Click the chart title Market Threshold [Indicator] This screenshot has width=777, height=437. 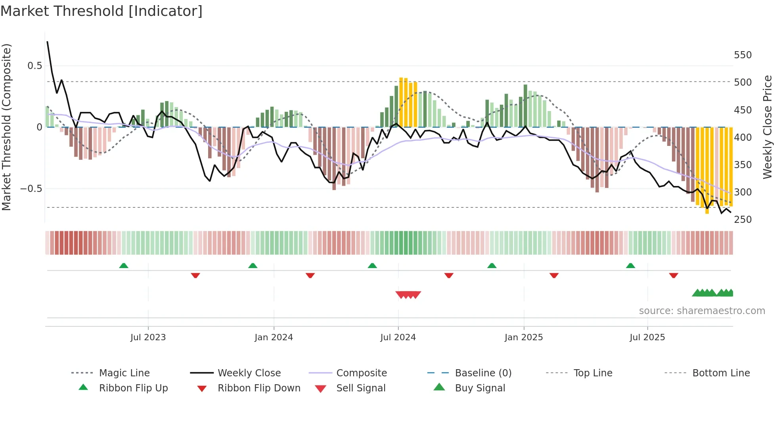click(x=101, y=11)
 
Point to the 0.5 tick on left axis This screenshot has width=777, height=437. click(x=34, y=66)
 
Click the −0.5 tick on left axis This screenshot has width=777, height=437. click(x=31, y=189)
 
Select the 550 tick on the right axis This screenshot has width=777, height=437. click(x=743, y=55)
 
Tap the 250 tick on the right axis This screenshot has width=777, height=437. click(x=743, y=220)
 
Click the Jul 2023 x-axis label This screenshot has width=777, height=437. click(x=148, y=337)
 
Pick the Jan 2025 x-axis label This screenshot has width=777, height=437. click(x=523, y=337)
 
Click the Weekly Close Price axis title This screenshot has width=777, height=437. click(x=767, y=127)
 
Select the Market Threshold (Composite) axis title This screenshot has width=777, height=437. click(x=6, y=127)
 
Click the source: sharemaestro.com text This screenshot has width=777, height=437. click(x=702, y=311)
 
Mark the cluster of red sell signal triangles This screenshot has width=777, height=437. click(x=408, y=295)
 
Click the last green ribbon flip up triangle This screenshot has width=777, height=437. click(x=630, y=266)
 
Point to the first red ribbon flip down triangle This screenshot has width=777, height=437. click(x=195, y=275)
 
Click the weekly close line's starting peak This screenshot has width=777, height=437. click(x=48, y=42)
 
